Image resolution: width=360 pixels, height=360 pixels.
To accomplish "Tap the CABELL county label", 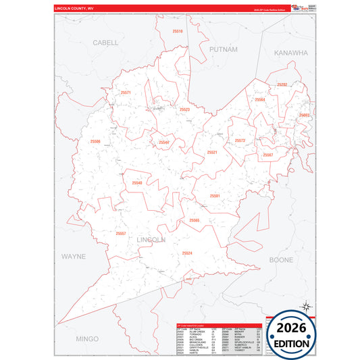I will pyautogui.click(x=105, y=42).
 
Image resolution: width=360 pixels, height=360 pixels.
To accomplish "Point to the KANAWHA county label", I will pyautogui.click(x=290, y=52).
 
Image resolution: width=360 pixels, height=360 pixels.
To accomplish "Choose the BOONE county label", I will pyautogui.click(x=281, y=259).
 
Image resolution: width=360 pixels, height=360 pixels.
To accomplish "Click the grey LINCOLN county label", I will pyautogui.click(x=151, y=239).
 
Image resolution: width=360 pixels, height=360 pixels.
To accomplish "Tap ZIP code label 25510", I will pyautogui.click(x=178, y=31).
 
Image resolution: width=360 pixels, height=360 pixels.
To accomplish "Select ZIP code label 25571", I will pyautogui.click(x=126, y=93).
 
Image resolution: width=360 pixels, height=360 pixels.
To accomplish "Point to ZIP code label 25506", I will pyautogui.click(x=95, y=141).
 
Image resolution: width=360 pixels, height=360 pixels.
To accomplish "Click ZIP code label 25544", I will pyautogui.click(x=164, y=143).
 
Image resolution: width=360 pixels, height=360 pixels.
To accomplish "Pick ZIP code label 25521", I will pyautogui.click(x=212, y=153).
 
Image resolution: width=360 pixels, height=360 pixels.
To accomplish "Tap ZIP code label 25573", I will pyautogui.click(x=240, y=140).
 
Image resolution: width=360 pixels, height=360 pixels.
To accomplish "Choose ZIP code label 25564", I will pyautogui.click(x=259, y=100).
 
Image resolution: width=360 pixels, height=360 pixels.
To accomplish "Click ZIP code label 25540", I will pyautogui.click(x=137, y=183).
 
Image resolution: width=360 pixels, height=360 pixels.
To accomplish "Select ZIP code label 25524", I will pyautogui.click(x=187, y=253).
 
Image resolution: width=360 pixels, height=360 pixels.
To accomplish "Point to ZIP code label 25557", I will pyautogui.click(x=121, y=234).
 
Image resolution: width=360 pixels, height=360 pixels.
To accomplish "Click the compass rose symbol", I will pyautogui.click(x=305, y=307).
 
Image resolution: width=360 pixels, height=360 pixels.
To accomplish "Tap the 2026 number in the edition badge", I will pyautogui.click(x=292, y=328).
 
